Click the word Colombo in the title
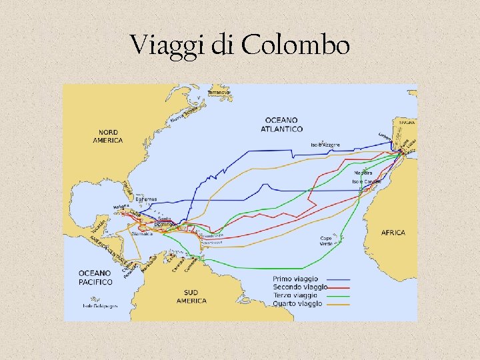coord(296,45)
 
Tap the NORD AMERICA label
coord(107,136)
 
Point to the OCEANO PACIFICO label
coord(95,277)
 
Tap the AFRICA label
coord(393,233)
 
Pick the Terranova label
coord(219,92)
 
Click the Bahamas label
coord(146,199)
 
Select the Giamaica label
coord(141,234)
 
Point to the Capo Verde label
coord(326,241)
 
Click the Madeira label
coord(363,173)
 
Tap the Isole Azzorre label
coord(325,145)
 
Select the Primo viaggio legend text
coord(295,279)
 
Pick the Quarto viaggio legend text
coord(297,303)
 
